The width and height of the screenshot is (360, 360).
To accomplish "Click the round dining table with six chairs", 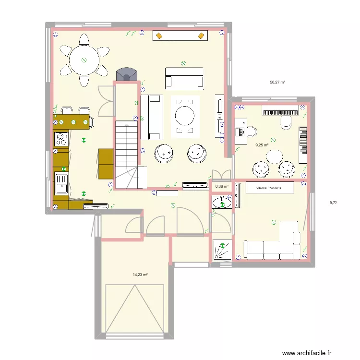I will [84, 60].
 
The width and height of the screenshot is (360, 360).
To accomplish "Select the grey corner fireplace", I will [127, 74].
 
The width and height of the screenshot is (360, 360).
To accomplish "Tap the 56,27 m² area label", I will [277, 82].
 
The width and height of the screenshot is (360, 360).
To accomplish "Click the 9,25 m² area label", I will [263, 145].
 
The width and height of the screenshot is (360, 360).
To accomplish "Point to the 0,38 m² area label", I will [222, 186].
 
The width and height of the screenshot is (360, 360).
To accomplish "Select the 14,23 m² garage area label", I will [140, 275].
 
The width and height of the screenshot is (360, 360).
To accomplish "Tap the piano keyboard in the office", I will [281, 110].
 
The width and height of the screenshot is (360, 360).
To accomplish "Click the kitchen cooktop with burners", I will [61, 139].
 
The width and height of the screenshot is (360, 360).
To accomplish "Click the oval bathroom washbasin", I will [222, 203].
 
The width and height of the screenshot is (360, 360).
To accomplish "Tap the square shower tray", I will [222, 250].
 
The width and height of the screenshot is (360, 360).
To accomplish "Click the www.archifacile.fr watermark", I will [307, 353].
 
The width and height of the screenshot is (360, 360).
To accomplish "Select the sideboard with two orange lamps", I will [180, 36].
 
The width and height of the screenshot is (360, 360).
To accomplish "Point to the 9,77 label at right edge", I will [333, 203].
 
